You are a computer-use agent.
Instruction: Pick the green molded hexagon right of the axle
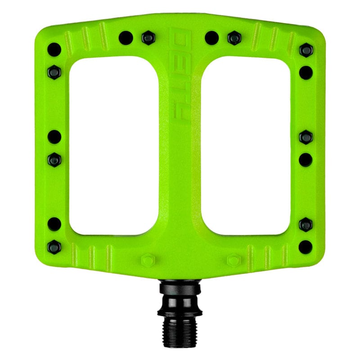234,261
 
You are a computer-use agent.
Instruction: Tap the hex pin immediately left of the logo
147,38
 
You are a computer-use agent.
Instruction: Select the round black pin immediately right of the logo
211,38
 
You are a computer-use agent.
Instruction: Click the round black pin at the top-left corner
54,49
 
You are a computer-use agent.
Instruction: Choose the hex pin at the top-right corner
306,50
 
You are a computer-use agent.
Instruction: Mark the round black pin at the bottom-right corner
306,246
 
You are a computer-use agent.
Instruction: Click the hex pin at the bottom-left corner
54,246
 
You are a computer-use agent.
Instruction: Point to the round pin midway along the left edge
54,136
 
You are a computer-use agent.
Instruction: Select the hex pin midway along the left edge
54,158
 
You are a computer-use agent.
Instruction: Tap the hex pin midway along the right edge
306,137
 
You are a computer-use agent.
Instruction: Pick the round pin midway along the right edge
306,159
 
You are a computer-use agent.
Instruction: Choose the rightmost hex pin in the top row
234,38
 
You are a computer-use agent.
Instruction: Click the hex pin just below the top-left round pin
54,71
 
